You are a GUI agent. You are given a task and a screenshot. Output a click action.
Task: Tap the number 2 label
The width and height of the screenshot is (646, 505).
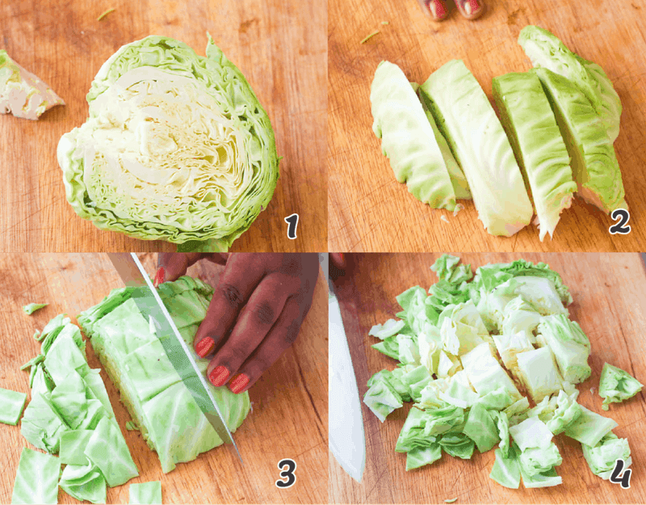pos(619,221)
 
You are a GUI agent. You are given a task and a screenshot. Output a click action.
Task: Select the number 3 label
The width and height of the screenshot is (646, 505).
pos(286,475)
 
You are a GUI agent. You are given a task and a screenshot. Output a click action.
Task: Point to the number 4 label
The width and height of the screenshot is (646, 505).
pos(620,476)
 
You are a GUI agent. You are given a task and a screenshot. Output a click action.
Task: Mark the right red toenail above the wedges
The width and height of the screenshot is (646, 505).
pos(471,8)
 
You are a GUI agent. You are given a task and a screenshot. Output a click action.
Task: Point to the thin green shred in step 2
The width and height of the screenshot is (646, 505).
pos(370,36)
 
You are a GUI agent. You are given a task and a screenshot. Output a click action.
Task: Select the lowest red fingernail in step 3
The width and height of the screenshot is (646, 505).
pos(239,382)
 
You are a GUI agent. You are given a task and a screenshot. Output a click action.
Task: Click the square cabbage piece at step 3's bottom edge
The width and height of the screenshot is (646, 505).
pos(145,492)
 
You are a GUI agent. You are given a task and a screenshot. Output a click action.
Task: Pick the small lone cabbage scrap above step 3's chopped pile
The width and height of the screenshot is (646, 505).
pos(34,308)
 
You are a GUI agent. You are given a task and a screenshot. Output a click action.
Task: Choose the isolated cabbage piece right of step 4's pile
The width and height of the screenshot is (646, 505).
pos(618,385)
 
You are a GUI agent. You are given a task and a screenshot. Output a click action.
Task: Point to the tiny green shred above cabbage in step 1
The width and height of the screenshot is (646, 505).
pos(106,13)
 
